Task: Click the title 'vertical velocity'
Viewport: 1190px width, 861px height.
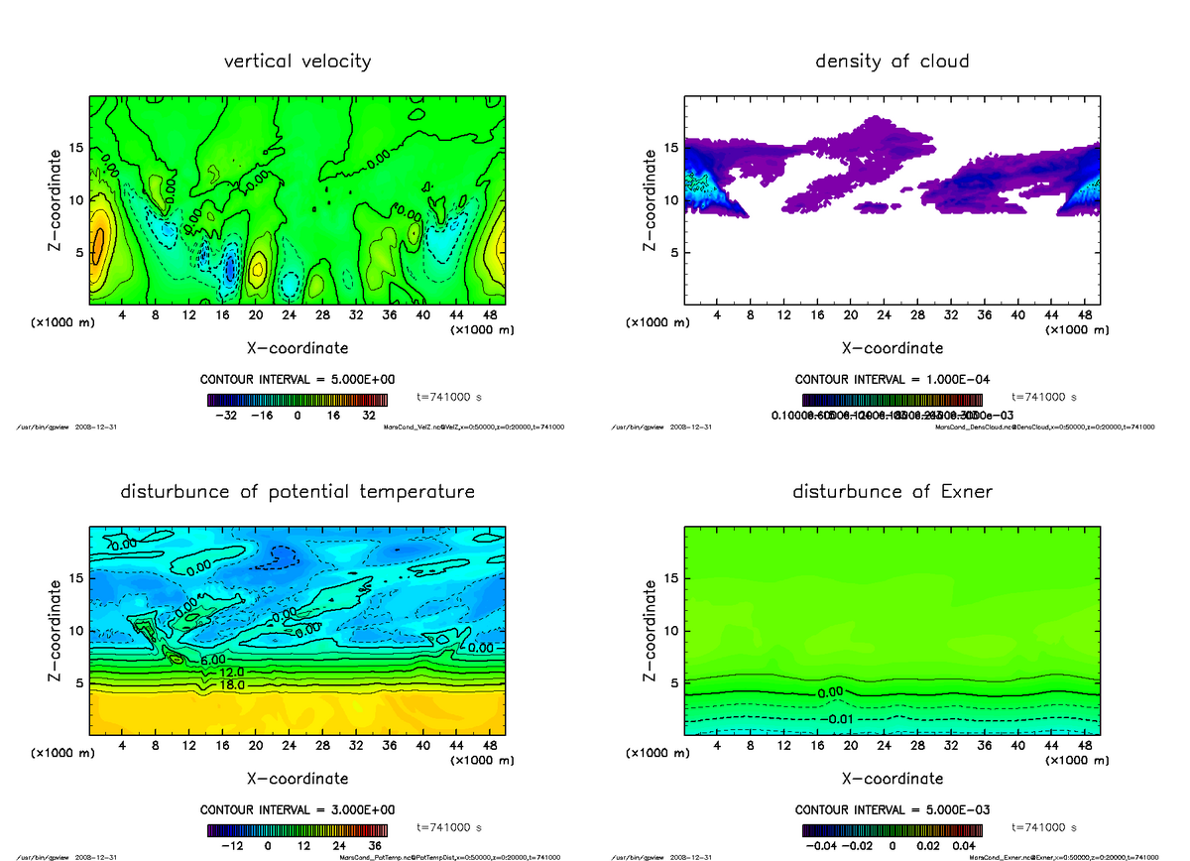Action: click(x=297, y=61)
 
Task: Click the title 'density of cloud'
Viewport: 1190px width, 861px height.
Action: click(x=892, y=61)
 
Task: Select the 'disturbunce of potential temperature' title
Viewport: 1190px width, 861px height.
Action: click(x=297, y=492)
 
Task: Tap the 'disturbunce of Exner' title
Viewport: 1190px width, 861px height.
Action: click(x=892, y=492)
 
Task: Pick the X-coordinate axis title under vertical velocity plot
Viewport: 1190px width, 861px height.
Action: click(x=297, y=348)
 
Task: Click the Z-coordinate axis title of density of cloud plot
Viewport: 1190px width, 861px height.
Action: click(x=652, y=199)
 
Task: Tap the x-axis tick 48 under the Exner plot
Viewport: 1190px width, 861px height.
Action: click(x=1086, y=744)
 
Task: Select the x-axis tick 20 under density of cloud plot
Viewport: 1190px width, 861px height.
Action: click(x=850, y=314)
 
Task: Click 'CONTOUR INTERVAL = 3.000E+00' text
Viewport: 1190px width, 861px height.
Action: click(x=297, y=809)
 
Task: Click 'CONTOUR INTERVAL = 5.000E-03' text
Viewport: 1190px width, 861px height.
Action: click(x=892, y=809)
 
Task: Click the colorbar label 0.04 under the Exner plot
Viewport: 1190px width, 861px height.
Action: click(x=965, y=846)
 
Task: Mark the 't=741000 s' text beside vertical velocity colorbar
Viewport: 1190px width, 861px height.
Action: click(x=449, y=397)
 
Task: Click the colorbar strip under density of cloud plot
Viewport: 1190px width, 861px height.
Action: click(x=892, y=399)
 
